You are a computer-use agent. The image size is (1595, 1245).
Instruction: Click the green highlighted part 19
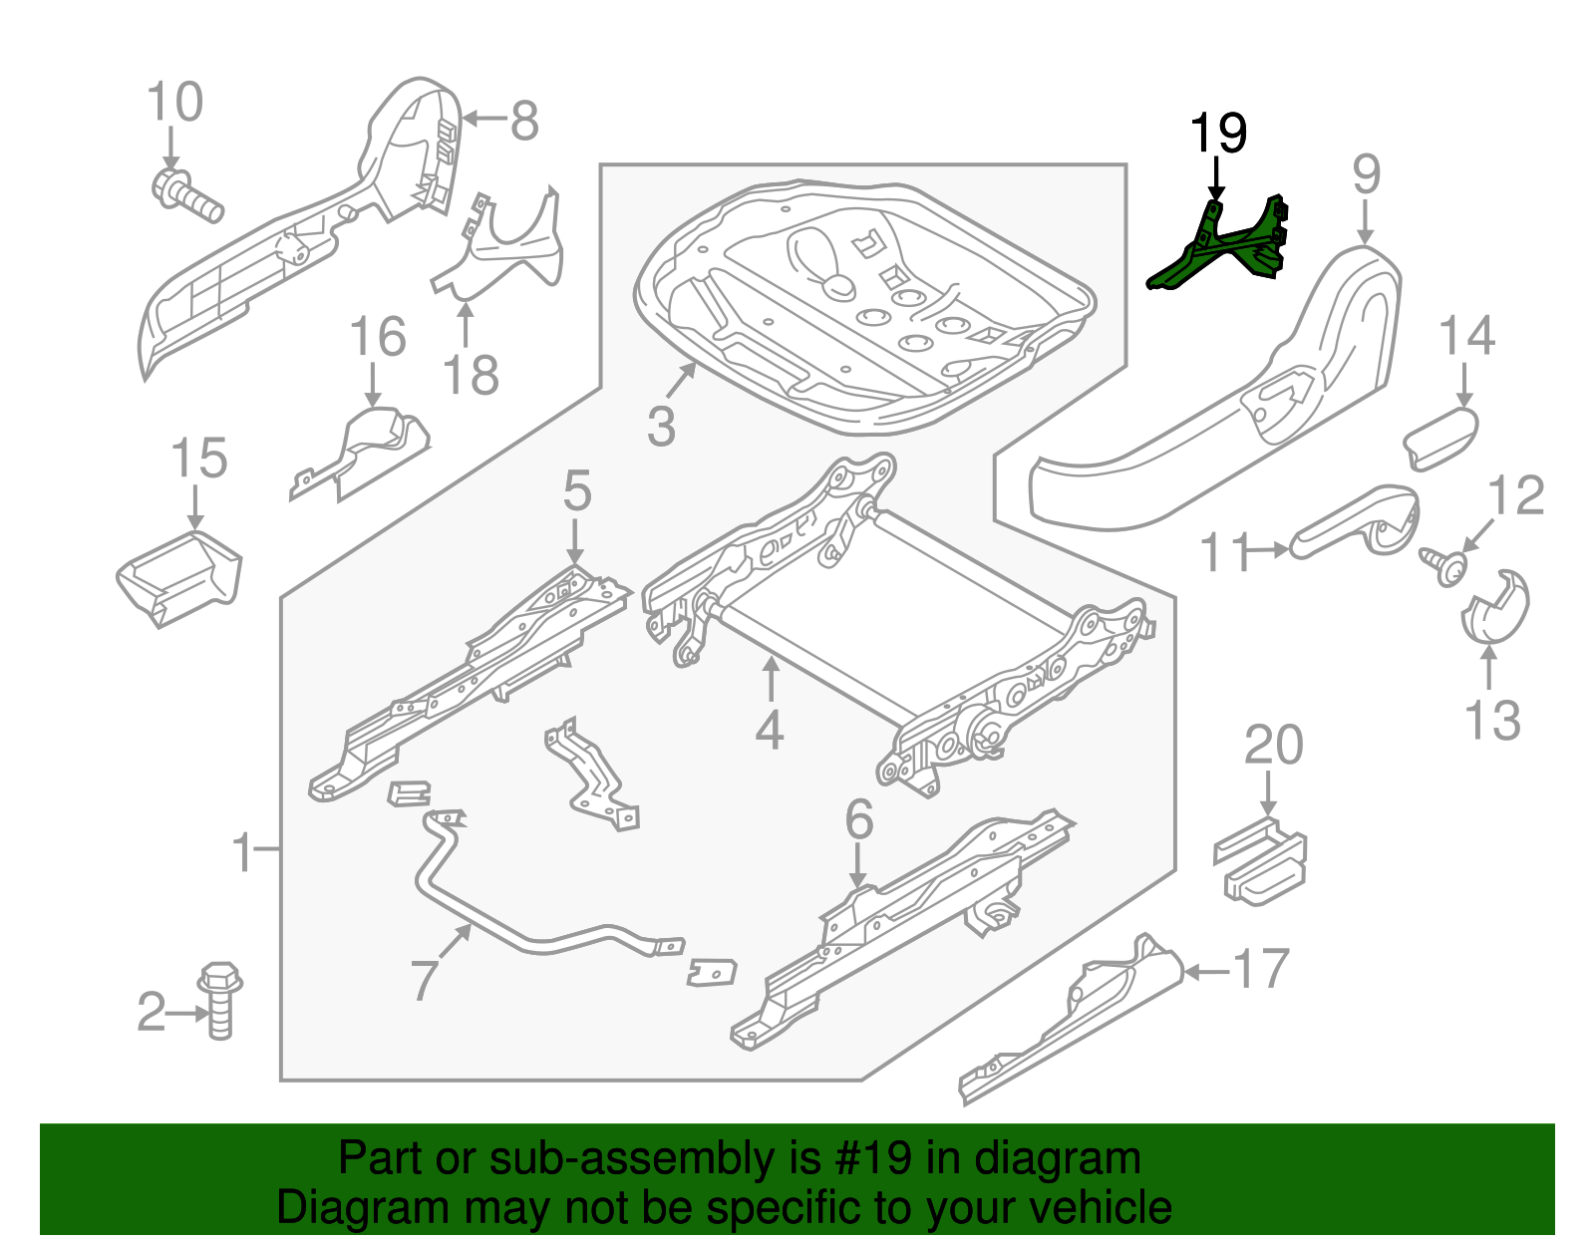point(1221,249)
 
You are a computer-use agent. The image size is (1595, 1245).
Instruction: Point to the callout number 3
point(661,426)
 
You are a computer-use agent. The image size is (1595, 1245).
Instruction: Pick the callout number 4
point(769,730)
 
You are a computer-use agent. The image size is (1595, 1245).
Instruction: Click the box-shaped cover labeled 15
point(179,578)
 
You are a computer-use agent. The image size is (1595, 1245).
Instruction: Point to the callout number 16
point(378,337)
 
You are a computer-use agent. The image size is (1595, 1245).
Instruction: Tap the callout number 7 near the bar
point(424,980)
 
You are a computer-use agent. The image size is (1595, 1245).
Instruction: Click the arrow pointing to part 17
point(1206,971)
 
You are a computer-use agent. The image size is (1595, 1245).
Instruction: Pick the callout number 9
point(1366,174)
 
